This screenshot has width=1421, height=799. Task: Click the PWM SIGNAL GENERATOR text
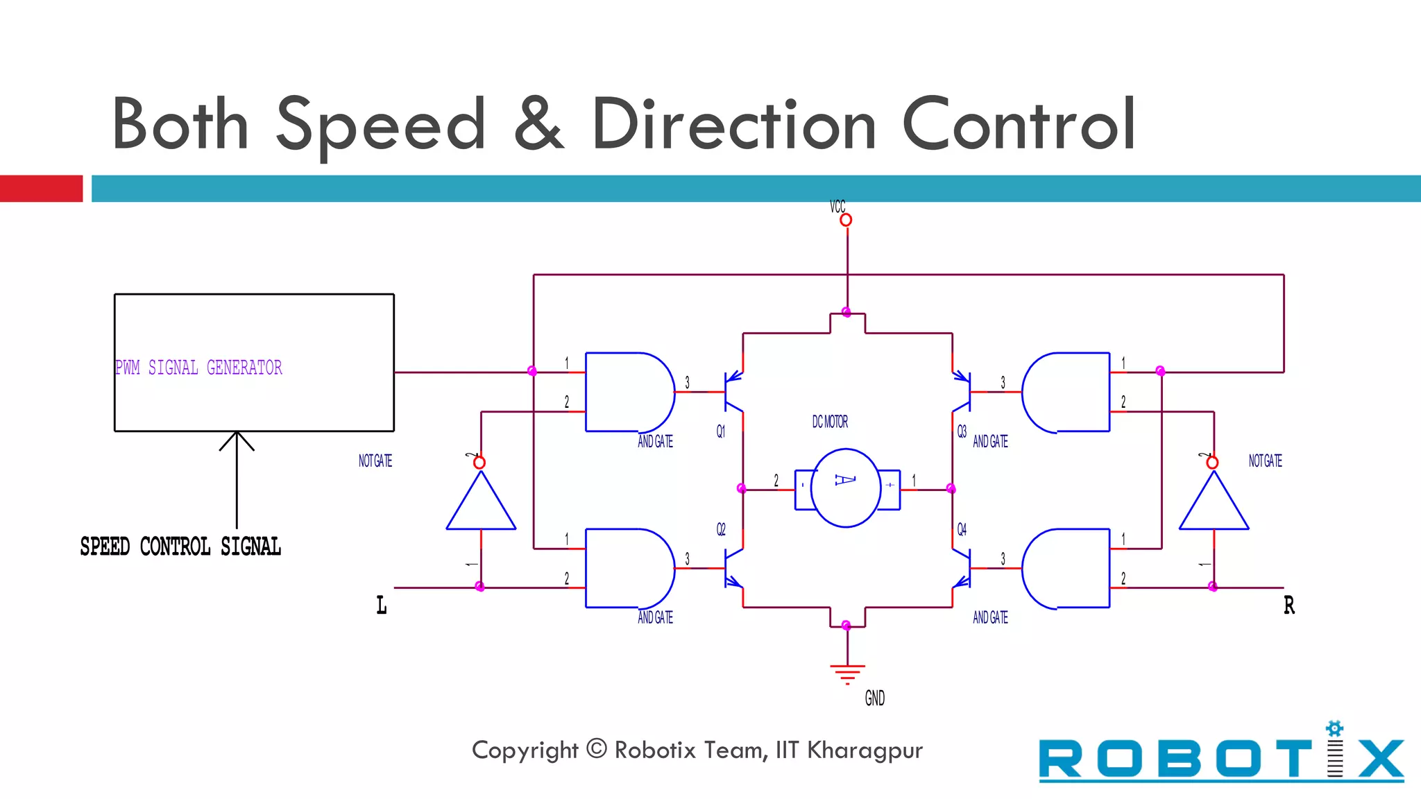click(x=198, y=368)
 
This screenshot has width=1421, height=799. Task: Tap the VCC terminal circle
click(x=846, y=220)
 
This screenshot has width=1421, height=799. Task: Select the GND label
click(x=874, y=698)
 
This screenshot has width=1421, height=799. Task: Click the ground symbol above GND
click(x=847, y=673)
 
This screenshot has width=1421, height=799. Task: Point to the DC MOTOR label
click(x=830, y=422)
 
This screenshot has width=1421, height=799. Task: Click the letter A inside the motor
click(x=845, y=480)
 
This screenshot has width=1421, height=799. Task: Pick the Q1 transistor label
click(x=721, y=431)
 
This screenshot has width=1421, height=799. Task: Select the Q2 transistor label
click(x=721, y=530)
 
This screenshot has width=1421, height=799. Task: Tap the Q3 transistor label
click(x=962, y=431)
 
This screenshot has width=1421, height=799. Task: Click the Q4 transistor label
click(x=962, y=530)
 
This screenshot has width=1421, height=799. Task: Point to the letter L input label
click(x=382, y=605)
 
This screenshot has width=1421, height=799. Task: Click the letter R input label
click(x=1289, y=605)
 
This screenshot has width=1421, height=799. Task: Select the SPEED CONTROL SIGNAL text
click(x=180, y=547)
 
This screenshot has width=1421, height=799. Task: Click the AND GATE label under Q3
click(x=990, y=442)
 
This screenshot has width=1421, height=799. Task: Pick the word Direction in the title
click(x=734, y=125)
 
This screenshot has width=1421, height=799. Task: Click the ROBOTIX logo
click(x=1221, y=757)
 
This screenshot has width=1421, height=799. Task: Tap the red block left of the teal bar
click(x=41, y=189)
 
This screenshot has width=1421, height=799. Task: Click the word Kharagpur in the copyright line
click(x=865, y=750)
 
